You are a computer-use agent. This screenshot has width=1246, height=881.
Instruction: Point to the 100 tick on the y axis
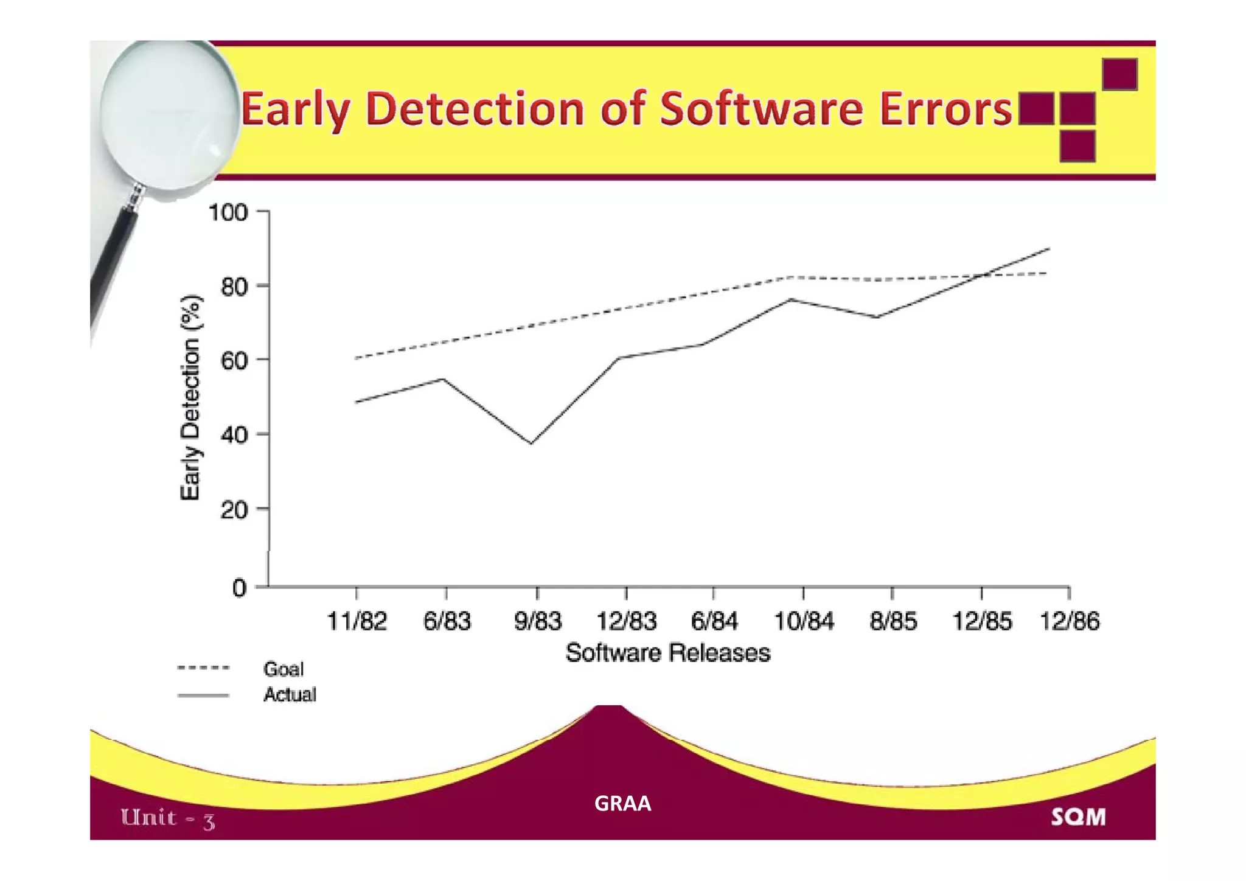coord(228,212)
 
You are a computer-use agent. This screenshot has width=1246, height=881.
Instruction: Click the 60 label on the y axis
coord(234,361)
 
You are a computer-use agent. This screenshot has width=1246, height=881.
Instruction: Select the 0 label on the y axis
coord(239,588)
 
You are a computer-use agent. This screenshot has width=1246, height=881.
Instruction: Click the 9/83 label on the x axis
coord(537,621)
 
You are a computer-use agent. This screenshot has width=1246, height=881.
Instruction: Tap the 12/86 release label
coord(1069,621)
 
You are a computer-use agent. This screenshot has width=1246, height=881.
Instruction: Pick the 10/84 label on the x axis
coord(803,621)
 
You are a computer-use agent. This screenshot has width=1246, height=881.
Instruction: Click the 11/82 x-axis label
coord(357,621)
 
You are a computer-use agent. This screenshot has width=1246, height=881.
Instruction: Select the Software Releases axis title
coord(667,653)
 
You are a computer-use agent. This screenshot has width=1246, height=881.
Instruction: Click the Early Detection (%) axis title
coord(190,397)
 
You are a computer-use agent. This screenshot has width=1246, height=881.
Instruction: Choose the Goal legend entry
coord(283,669)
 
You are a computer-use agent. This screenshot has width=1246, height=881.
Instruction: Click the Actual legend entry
coord(290,694)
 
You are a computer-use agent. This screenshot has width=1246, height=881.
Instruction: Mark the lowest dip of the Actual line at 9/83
coord(531,443)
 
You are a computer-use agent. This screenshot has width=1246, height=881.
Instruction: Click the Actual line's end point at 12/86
coord(1049,248)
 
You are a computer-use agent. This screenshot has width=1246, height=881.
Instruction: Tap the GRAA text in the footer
coord(622,804)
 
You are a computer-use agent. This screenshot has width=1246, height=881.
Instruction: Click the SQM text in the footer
coord(1078,817)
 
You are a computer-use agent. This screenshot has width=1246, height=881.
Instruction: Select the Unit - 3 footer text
coord(168,818)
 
